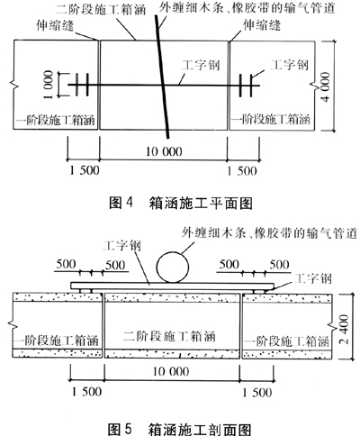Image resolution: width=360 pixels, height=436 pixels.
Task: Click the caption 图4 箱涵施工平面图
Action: click(x=180, y=204)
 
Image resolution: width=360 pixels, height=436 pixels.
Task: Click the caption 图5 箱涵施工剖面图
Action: click(x=179, y=429)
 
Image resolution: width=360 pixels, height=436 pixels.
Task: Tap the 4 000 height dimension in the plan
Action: click(x=326, y=86)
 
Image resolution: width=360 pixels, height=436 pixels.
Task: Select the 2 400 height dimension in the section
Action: click(x=345, y=329)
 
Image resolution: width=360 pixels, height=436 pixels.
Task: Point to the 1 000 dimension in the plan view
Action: click(x=49, y=85)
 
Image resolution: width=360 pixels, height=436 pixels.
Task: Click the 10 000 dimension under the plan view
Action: click(x=164, y=151)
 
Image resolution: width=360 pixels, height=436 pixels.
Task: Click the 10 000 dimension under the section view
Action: click(x=171, y=371)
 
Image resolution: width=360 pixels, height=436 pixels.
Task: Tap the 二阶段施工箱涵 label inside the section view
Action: click(x=169, y=336)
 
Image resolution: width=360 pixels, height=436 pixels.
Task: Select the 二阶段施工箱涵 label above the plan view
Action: click(x=101, y=9)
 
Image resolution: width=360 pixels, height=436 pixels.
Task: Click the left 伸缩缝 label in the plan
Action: click(x=55, y=25)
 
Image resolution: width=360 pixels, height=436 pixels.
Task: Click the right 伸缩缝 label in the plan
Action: click(x=262, y=25)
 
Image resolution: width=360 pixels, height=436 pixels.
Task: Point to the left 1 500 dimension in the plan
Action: click(x=85, y=170)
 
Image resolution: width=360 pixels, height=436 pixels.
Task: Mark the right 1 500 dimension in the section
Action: click(x=256, y=393)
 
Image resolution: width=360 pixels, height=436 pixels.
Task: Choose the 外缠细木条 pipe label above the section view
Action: click(x=269, y=233)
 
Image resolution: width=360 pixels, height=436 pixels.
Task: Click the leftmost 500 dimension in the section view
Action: click(x=66, y=264)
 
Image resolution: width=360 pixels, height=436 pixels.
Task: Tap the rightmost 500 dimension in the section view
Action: click(x=279, y=265)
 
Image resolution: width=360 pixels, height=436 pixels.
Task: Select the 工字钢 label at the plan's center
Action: click(x=201, y=65)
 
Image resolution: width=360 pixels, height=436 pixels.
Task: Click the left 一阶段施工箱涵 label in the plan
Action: click(x=57, y=121)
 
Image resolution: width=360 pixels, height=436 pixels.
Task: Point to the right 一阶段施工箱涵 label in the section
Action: click(x=287, y=341)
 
